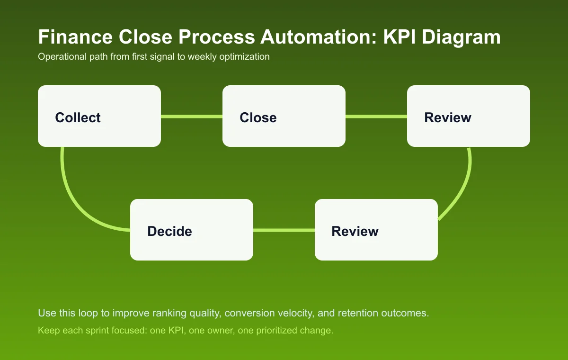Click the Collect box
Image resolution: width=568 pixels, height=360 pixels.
tap(99, 116)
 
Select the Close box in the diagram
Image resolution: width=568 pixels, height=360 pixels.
tap(284, 116)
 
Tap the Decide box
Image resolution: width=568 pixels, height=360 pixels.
tap(192, 230)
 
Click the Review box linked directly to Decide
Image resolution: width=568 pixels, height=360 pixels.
tap(376, 230)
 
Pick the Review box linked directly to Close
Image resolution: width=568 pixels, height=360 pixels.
tap(469, 116)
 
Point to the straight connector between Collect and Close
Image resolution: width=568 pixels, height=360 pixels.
tap(192, 117)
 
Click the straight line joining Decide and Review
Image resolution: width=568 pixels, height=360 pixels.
tap(284, 230)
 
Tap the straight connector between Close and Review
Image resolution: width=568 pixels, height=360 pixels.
tap(376, 117)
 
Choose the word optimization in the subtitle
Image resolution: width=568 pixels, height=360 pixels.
tap(245, 57)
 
